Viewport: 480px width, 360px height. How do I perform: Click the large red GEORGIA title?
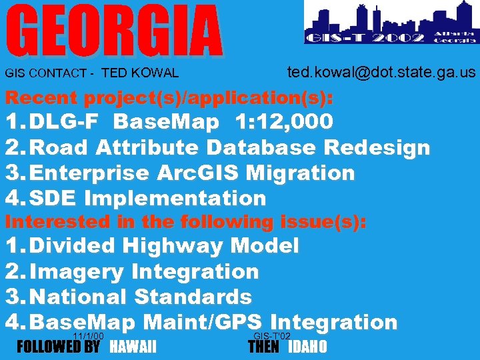[x=115, y=31]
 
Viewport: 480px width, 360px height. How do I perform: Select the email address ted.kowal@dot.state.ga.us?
[x=381, y=72]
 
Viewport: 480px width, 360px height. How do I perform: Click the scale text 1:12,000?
[x=283, y=122]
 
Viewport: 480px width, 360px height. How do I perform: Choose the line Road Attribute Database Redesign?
[x=230, y=147]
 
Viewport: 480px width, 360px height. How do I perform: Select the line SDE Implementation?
[x=148, y=198]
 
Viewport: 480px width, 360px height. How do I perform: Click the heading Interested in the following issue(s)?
[x=186, y=222]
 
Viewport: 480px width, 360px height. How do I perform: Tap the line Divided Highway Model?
[x=165, y=246]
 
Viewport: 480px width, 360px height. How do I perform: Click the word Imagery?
[x=77, y=271]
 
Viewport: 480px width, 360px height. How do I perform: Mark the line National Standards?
[x=141, y=297]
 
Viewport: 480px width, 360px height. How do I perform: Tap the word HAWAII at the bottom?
[x=133, y=347]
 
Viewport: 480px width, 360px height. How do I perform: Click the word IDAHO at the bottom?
[x=307, y=347]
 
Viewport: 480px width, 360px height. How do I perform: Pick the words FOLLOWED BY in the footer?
[x=58, y=347]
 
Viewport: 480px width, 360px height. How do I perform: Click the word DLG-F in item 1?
[x=68, y=122]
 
